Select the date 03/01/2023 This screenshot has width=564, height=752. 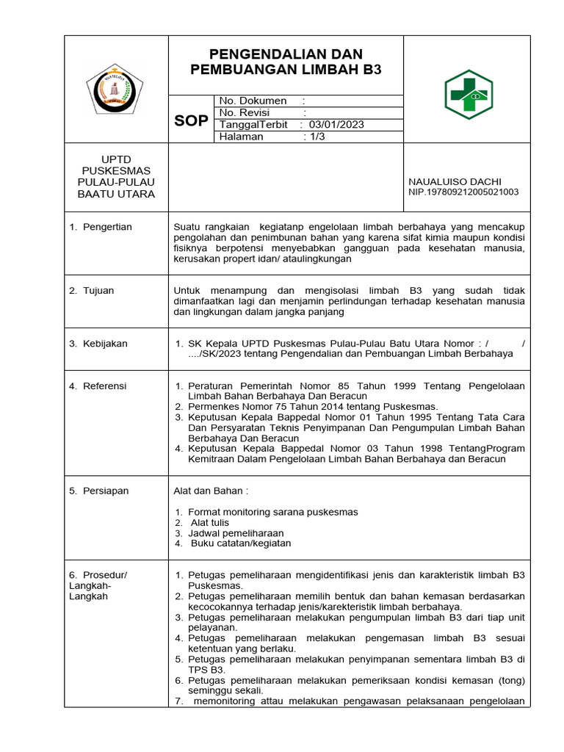[x=336, y=125]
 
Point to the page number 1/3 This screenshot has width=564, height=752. [x=317, y=137]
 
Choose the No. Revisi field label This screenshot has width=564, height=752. [x=245, y=112]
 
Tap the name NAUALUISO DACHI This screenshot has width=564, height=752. [x=455, y=181]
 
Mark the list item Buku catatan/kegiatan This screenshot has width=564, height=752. [x=241, y=543]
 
